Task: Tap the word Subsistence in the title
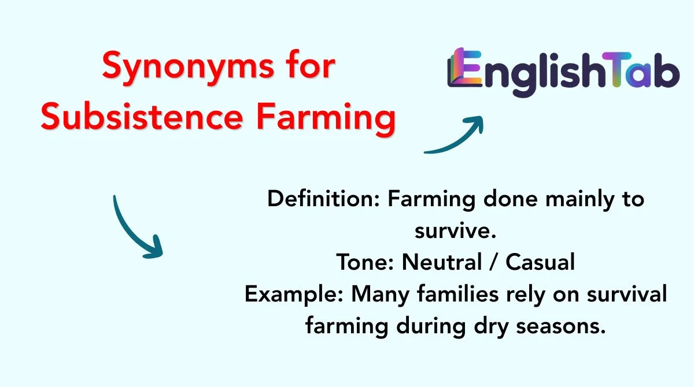pyautogui.click(x=142, y=116)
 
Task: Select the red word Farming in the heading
pyautogui.click(x=326, y=119)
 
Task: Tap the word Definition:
pyautogui.click(x=323, y=199)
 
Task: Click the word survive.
pyautogui.click(x=456, y=232)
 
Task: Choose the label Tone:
pyautogui.click(x=365, y=262)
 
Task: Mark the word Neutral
pyautogui.click(x=442, y=262)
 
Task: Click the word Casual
pyautogui.click(x=540, y=262)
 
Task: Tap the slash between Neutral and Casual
pyautogui.click(x=494, y=262)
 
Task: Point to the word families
pyautogui.click(x=458, y=293)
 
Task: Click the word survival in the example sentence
pyautogui.click(x=627, y=293)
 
